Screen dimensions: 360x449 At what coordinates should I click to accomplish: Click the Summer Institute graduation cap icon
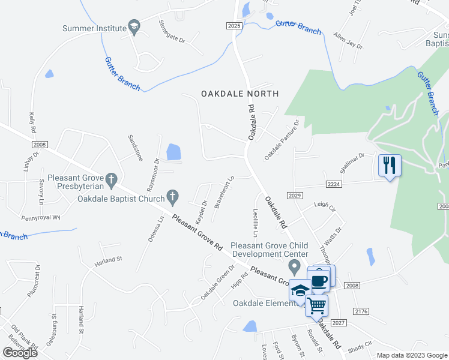[134, 28]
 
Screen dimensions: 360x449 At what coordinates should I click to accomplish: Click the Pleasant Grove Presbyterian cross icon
[110, 179]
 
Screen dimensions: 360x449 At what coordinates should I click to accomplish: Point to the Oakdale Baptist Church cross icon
[172, 196]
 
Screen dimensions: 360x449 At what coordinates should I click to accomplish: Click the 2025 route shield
[235, 25]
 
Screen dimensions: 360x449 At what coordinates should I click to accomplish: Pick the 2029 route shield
[294, 196]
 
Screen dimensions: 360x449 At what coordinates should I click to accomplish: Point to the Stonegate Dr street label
[172, 32]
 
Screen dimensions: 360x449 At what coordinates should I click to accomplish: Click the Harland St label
[108, 262]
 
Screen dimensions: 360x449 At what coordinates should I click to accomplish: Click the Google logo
[20, 352]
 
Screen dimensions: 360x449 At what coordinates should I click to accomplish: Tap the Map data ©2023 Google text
[411, 355]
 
